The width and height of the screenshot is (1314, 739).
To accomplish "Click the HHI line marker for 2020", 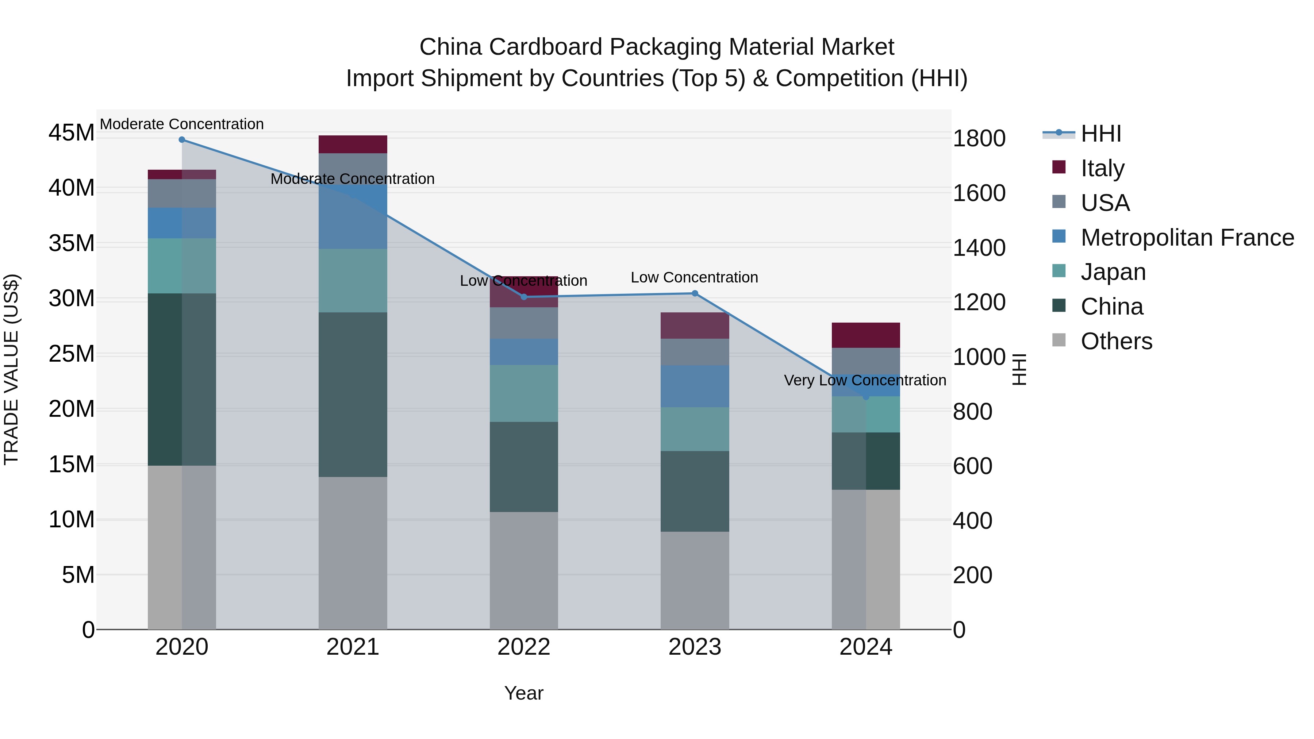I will [x=182, y=140].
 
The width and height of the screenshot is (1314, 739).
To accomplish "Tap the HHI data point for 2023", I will [x=694, y=293].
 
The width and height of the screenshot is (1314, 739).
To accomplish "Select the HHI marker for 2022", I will [x=523, y=297].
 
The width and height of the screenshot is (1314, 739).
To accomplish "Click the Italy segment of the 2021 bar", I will [x=353, y=144].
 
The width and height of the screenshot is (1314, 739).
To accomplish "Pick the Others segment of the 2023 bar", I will [x=694, y=580].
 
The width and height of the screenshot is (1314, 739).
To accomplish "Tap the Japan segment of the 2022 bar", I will [x=523, y=393].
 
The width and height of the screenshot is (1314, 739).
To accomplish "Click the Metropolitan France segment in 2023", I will [x=694, y=386].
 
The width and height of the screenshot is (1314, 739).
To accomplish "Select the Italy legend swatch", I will [x=1058, y=167].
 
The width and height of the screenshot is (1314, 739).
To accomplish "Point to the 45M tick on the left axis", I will [x=72, y=133].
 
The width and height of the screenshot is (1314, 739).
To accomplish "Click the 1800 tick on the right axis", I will [x=978, y=138].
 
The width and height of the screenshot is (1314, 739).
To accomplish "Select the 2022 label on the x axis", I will [x=523, y=647].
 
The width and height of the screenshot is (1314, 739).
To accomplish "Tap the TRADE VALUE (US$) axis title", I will [x=11, y=369].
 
